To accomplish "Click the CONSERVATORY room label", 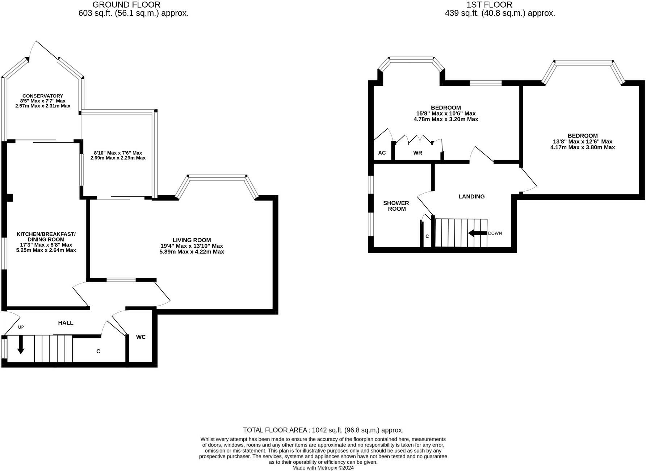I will click(x=43, y=96).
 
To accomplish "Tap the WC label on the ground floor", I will click(x=141, y=337).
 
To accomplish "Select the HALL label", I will click(x=66, y=323).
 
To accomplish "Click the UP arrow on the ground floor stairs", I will click(x=21, y=345).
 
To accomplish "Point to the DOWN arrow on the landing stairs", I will click(x=477, y=233).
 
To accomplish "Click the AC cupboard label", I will click(x=382, y=153).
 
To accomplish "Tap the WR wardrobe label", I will click(x=418, y=153).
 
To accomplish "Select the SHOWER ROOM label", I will click(x=396, y=206).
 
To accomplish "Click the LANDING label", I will click(x=471, y=197).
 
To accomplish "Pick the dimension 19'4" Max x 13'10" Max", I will click(x=192, y=246).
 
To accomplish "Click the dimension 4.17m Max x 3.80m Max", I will click(x=582, y=147).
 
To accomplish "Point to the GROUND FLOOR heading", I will click(x=126, y=5).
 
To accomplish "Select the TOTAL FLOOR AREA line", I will click(x=323, y=430).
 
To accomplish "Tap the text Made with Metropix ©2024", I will click(x=323, y=468).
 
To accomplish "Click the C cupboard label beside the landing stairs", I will click(x=427, y=236).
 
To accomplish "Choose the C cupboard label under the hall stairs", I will click(x=98, y=352).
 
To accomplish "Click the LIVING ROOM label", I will click(x=192, y=240).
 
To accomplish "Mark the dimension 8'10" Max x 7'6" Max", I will click(x=118, y=153).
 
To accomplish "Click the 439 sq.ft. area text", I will click(x=500, y=13).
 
